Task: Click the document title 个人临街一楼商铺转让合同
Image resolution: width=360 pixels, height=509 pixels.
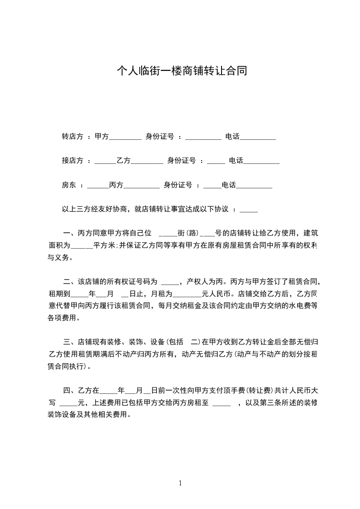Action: (182, 70)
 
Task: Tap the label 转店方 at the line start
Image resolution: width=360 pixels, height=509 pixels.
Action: (73, 137)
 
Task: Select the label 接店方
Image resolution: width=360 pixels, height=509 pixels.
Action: (73, 161)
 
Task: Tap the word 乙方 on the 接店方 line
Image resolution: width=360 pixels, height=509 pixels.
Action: (123, 161)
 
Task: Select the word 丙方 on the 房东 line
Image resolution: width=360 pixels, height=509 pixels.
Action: (116, 185)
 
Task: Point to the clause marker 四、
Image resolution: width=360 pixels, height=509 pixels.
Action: (70, 390)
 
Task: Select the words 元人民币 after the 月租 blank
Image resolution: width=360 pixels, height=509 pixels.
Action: (221, 294)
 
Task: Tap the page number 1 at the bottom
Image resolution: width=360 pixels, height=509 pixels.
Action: (180, 484)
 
